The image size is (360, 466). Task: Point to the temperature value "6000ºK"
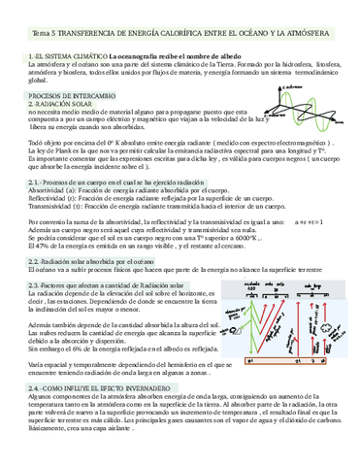(x=244, y=236)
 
